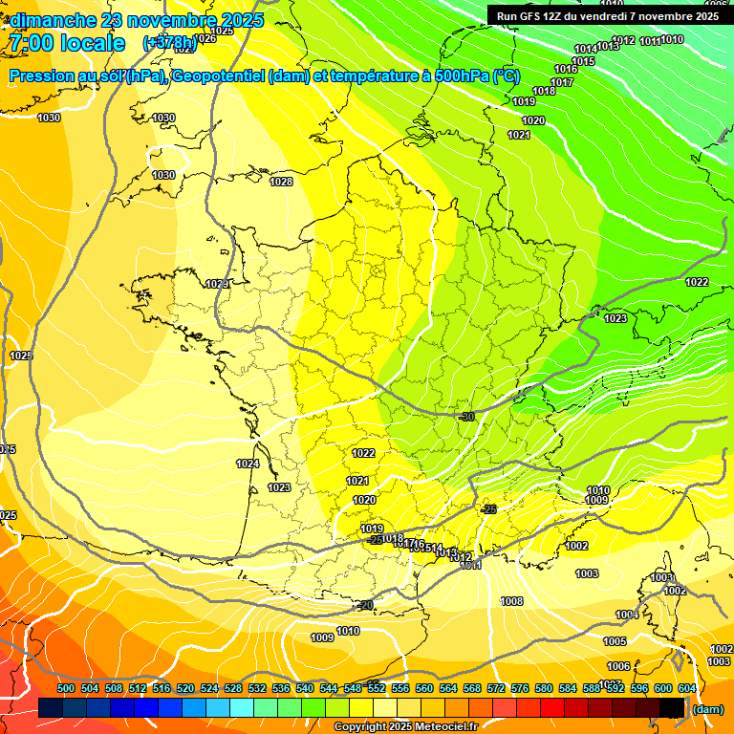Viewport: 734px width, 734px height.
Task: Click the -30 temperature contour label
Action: (x=466, y=417)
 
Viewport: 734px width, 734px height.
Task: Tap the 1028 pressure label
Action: (x=281, y=182)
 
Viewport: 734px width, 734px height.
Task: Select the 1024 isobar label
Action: (x=248, y=464)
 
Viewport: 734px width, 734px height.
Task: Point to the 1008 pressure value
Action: (x=511, y=601)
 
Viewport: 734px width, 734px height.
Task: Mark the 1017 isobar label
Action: (x=562, y=82)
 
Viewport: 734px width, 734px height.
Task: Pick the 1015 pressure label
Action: (x=583, y=61)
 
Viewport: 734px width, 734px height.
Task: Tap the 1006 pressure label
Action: (x=618, y=666)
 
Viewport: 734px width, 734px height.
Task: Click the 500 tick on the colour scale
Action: (x=66, y=688)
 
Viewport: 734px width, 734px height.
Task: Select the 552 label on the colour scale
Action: (x=377, y=688)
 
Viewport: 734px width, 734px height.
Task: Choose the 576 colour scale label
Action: (x=520, y=688)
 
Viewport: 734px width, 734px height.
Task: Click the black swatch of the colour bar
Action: (x=672, y=707)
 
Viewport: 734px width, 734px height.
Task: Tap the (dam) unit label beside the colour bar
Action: (x=706, y=708)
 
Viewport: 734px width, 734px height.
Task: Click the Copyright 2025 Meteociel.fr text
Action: (x=405, y=726)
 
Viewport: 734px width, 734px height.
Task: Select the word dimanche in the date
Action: (x=54, y=20)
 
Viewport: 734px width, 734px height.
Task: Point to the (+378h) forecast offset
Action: (x=169, y=43)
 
